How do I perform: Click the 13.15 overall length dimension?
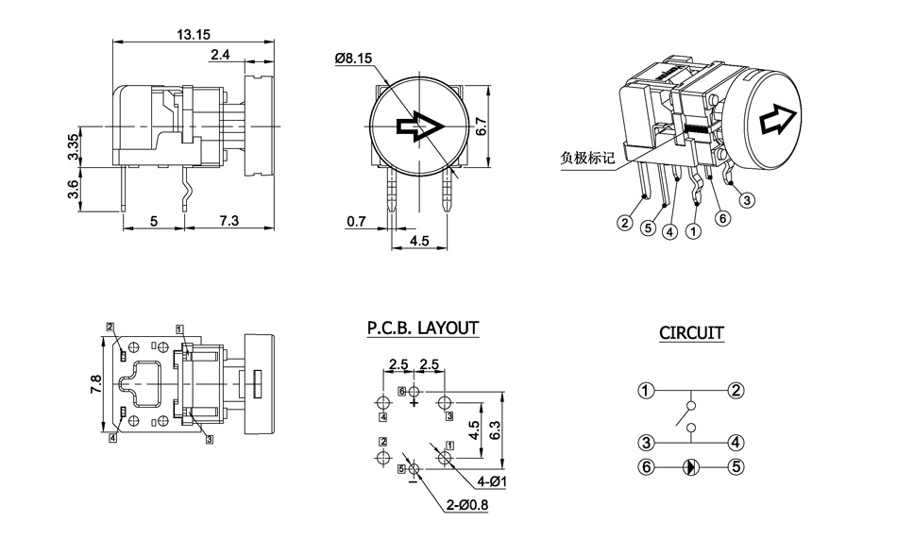(x=193, y=34)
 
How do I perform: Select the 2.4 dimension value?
(x=221, y=56)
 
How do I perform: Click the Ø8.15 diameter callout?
(x=353, y=59)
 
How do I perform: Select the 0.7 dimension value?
(x=356, y=221)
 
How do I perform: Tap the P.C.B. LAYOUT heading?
(x=422, y=328)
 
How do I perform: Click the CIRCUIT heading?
(x=691, y=333)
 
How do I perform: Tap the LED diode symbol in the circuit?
(x=691, y=466)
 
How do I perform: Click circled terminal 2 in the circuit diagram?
(x=736, y=390)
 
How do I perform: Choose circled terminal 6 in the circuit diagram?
(x=646, y=466)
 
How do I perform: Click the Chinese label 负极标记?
(x=587, y=158)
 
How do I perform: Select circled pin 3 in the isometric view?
(x=747, y=199)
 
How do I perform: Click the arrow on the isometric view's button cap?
(x=778, y=118)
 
